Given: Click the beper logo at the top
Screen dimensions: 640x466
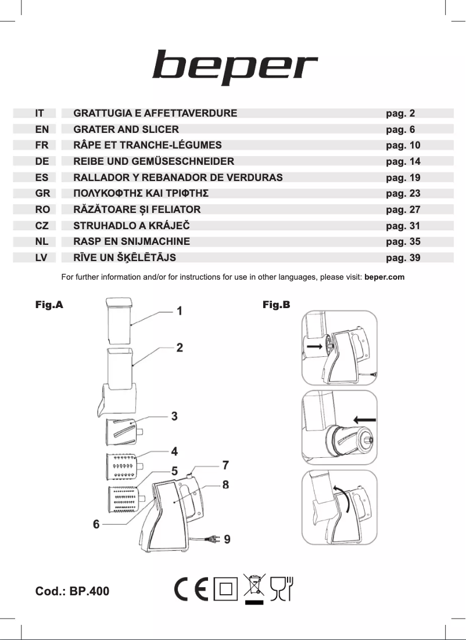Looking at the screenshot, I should click(235, 67).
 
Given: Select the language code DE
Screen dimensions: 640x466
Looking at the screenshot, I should click(42, 161).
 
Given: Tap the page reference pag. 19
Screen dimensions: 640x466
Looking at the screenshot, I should click(403, 178).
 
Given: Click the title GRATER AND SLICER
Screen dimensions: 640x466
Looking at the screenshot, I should click(126, 129).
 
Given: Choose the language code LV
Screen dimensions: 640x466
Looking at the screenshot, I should click(41, 258).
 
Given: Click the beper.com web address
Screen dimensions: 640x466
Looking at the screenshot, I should click(384, 277).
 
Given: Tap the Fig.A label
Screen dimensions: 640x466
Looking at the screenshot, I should click(49, 305).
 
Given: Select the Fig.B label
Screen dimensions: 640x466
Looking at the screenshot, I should click(276, 305).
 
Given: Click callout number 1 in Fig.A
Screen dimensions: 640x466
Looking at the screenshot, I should click(180, 311).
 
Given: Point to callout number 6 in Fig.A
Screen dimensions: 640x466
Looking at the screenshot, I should click(96, 524).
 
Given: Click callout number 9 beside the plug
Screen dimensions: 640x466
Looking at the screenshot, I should click(227, 539).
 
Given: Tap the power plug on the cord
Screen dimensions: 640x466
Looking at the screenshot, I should click(213, 540).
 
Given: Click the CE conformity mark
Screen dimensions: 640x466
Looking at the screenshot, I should click(191, 590).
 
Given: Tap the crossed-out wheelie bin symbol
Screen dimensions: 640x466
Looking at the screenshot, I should click(254, 587).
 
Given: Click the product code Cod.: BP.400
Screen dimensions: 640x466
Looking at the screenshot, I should click(73, 592).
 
